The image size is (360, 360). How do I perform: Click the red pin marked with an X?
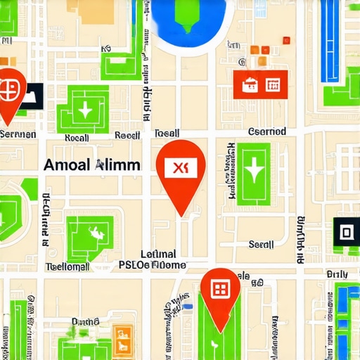(x=181, y=168)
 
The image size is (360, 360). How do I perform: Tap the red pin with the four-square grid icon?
(x=220, y=289)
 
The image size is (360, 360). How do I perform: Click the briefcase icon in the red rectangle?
(x=249, y=84)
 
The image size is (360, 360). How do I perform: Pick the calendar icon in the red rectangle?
(x=273, y=84)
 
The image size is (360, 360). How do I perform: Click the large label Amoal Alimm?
(x=91, y=165)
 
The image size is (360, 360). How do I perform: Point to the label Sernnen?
(x=18, y=134)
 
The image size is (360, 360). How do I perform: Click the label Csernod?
(x=267, y=131)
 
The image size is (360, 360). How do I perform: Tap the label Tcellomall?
(x=67, y=266)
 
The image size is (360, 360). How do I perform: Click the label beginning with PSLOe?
(x=153, y=265)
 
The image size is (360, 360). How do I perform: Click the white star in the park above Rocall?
(x=85, y=110)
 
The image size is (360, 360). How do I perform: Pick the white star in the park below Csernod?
(x=253, y=171)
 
